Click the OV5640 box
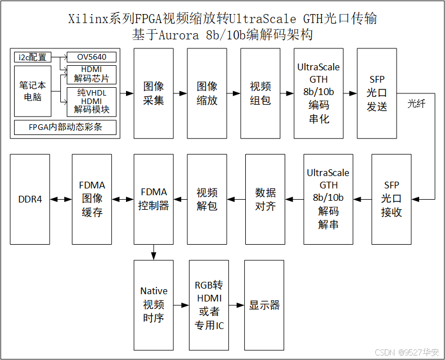[91, 57]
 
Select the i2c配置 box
[33, 57]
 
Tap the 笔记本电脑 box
[33, 92]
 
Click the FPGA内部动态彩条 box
[65, 127]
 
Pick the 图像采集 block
[154, 93]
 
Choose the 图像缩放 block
[207, 93]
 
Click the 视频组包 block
[260, 93]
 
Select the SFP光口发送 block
[377, 93]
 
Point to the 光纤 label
[416, 104]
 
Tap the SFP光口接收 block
[392, 199]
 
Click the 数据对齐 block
[265, 199]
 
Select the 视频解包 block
[207, 199]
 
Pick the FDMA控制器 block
[154, 199]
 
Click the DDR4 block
[30, 199]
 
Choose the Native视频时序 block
[154, 305]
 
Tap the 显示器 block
[264, 305]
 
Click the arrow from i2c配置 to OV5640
[59, 57]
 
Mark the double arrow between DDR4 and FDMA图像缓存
[61, 199]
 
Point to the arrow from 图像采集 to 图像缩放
[180, 93]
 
